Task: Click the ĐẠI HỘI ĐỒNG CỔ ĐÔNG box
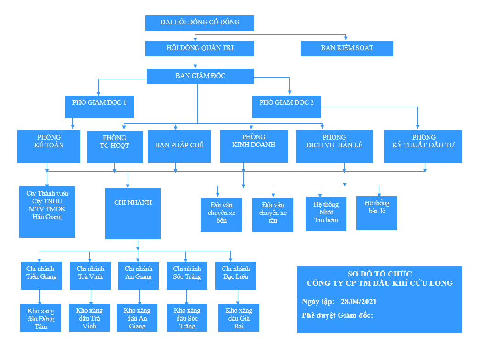[200, 23]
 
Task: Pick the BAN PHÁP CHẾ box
[179, 146]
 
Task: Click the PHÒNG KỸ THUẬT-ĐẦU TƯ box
[423, 146]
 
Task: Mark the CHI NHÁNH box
[133, 213]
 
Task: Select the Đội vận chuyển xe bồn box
[221, 214]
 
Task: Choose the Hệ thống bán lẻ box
[377, 213]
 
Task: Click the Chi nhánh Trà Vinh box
[90, 276]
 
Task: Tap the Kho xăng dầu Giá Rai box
[239, 317]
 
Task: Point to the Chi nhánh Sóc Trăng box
[187, 276]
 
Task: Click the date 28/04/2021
[359, 302]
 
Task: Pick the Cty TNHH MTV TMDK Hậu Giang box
[47, 212]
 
